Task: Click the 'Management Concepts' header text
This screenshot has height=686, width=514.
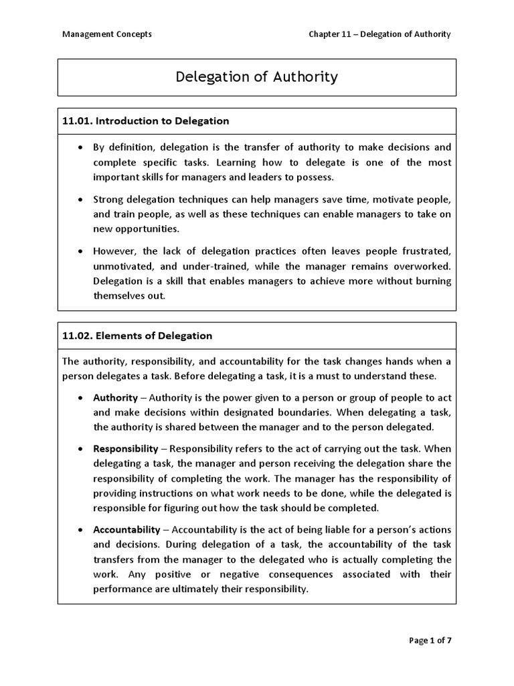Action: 107,34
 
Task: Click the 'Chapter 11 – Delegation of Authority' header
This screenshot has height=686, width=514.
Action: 379,34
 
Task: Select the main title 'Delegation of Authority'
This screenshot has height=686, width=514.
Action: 257,77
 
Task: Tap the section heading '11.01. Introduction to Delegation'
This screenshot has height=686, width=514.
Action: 145,121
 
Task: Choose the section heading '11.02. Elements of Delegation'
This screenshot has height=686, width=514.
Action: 137,336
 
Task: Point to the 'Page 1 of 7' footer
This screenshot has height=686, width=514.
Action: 430,641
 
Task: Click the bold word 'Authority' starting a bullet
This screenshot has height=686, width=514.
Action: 116,397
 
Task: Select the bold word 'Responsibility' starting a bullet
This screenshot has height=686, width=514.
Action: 126,448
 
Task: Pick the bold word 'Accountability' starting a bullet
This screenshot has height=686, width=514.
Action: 127,529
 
